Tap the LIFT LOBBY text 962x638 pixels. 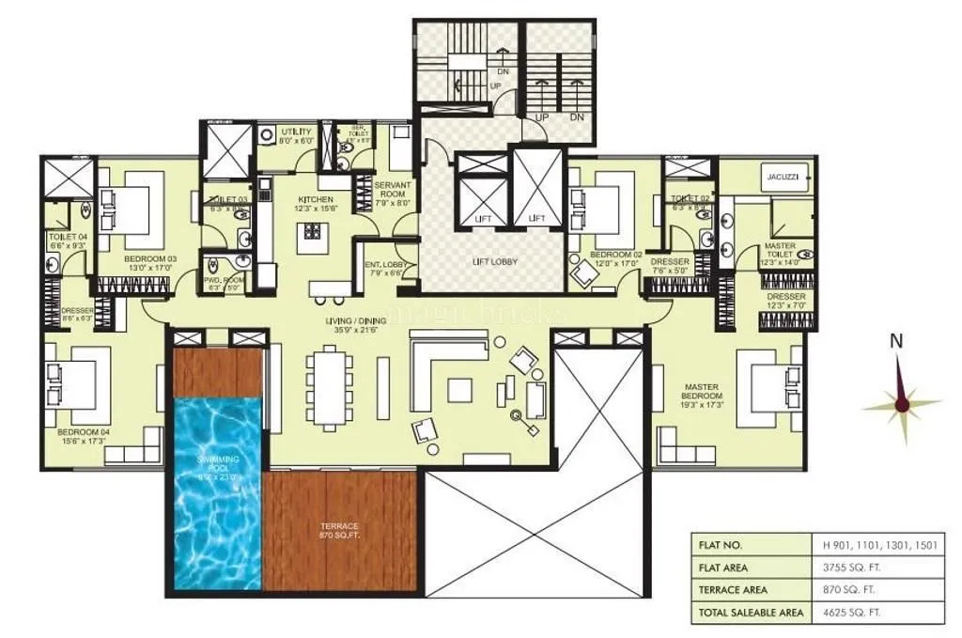pyautogui.click(x=496, y=261)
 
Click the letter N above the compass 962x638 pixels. pyautogui.click(x=897, y=342)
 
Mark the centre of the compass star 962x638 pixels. pyautogui.click(x=902, y=405)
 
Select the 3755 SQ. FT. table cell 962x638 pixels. pyautogui.click(x=849, y=568)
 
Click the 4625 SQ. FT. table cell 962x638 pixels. pyautogui.click(x=849, y=613)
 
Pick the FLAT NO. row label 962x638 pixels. pyautogui.click(x=721, y=545)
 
